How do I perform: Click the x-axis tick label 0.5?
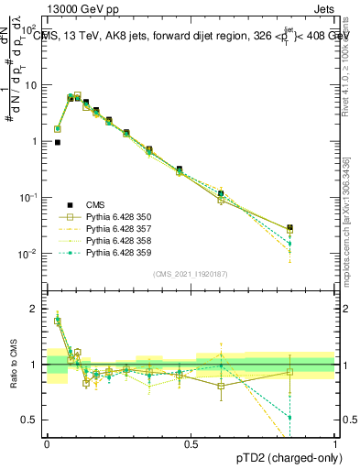tap(191, 442)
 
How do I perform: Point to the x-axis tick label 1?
tap(335, 442)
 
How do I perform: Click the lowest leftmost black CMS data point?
tap(58, 143)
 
